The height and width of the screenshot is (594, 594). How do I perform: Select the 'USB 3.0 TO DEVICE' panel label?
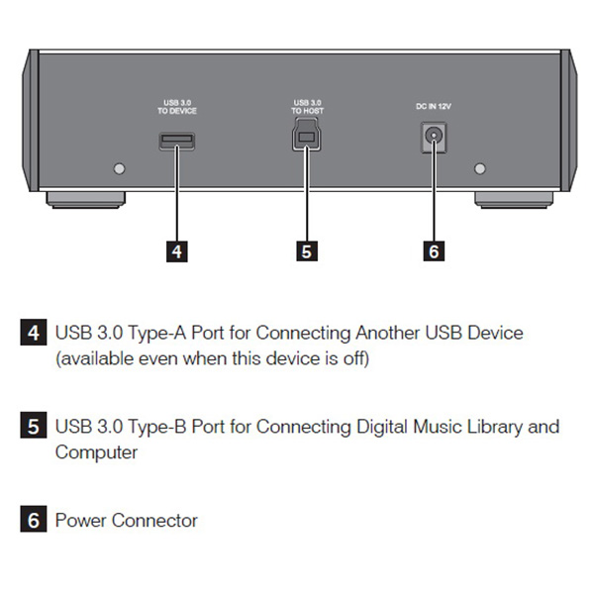pyautogui.click(x=178, y=107)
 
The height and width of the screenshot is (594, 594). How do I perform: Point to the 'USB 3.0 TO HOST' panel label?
pyautogui.click(x=306, y=107)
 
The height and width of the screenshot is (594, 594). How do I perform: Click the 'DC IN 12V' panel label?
pyautogui.click(x=433, y=105)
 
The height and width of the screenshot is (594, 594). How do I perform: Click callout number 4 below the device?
pyautogui.click(x=176, y=251)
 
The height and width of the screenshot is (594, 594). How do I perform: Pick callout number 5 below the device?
pyautogui.click(x=306, y=251)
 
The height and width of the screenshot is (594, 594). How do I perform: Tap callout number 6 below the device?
pyautogui.click(x=433, y=251)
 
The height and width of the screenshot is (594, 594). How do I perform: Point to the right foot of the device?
pyautogui.click(x=516, y=199)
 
